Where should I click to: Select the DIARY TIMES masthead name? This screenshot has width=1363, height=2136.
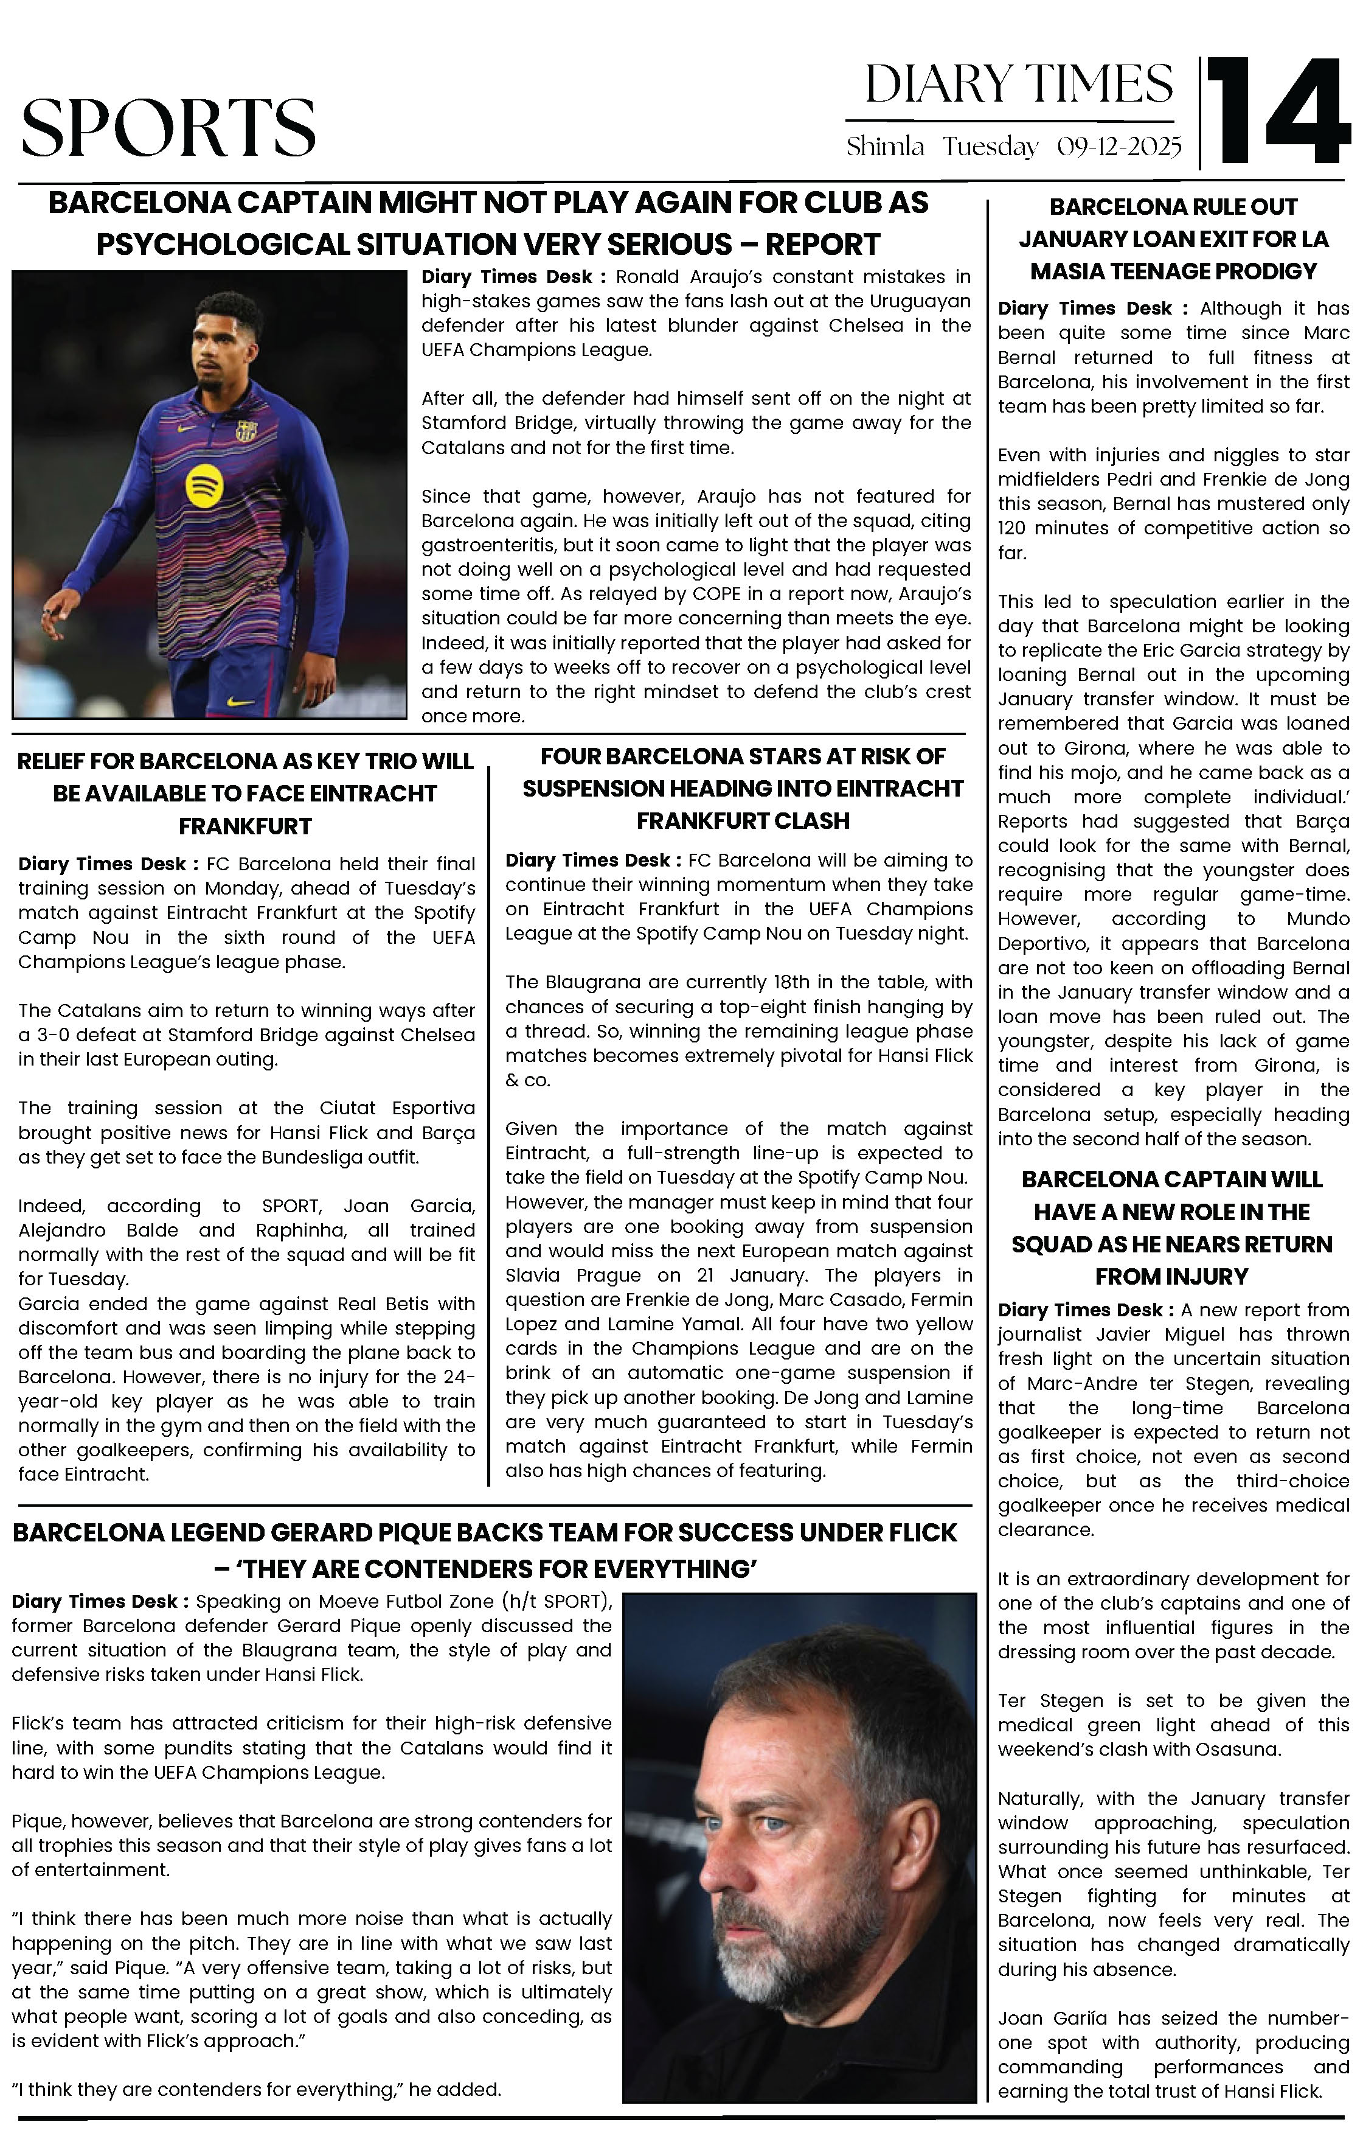point(1019,85)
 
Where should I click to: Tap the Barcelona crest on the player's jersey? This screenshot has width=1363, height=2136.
point(246,432)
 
